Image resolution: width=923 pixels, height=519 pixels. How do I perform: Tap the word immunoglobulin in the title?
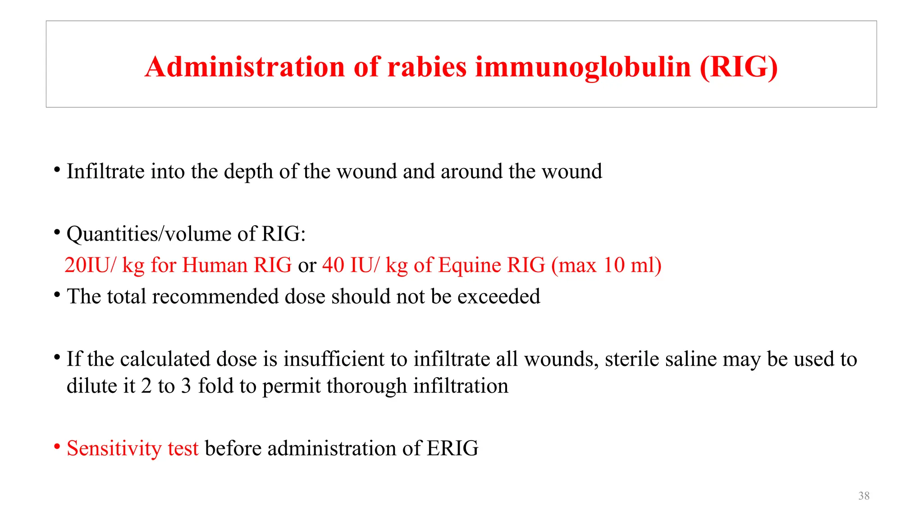[583, 67]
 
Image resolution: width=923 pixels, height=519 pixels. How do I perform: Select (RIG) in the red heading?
[739, 67]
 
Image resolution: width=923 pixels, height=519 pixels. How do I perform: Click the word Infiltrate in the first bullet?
[105, 172]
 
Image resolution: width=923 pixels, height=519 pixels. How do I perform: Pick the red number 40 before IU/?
[333, 265]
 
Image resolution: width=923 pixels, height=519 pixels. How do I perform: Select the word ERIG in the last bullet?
[452, 448]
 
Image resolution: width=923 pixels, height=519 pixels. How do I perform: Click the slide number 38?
[864, 496]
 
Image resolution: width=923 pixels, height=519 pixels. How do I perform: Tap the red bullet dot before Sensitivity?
[57, 447]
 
